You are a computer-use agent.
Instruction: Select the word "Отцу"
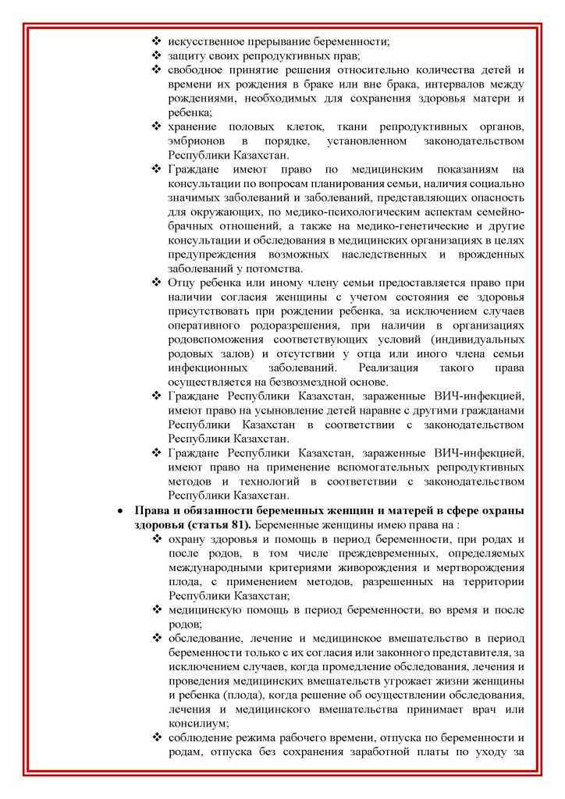pos(183,282)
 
